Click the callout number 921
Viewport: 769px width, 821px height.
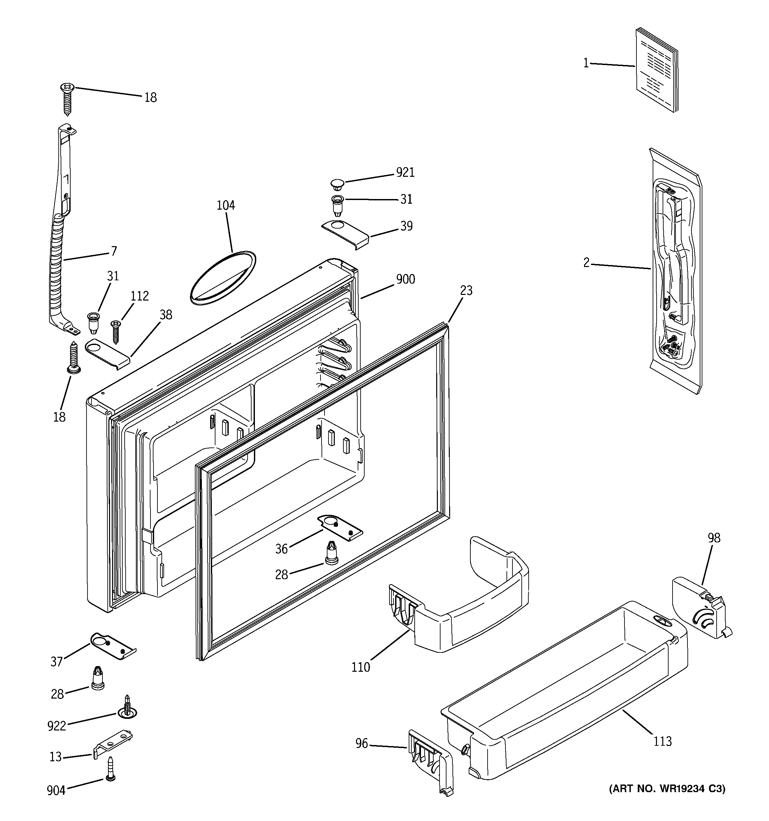coord(405,172)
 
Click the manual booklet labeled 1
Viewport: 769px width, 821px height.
coord(656,70)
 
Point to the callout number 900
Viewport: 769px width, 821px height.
coord(405,279)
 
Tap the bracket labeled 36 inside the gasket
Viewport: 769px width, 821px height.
coord(340,527)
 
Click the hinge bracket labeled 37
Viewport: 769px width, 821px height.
coord(113,646)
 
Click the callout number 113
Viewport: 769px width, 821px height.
coord(663,741)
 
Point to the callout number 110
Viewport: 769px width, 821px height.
coord(360,667)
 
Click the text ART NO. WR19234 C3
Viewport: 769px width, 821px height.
coord(667,789)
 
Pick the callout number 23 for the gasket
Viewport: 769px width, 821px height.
coord(466,290)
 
